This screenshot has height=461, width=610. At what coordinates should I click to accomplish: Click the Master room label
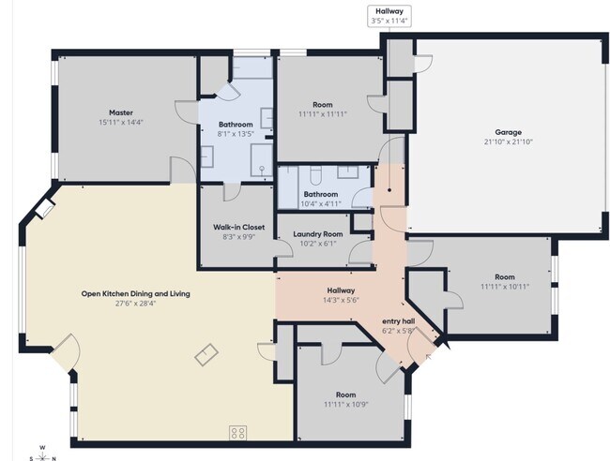pyautogui.click(x=121, y=112)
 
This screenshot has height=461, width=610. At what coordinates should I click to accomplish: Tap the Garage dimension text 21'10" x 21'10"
pyautogui.click(x=508, y=141)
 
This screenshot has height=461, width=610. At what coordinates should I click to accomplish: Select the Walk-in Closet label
pyautogui.click(x=239, y=227)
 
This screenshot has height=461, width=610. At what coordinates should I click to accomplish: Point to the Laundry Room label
pyautogui.click(x=318, y=234)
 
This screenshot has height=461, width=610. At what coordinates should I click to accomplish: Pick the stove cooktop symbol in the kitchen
pyautogui.click(x=237, y=433)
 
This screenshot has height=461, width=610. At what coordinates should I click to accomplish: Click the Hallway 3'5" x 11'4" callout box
pyautogui.click(x=389, y=16)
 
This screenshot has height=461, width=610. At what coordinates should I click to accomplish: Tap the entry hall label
pyautogui.click(x=398, y=321)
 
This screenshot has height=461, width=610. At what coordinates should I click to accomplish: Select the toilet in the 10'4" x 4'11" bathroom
pyautogui.click(x=315, y=176)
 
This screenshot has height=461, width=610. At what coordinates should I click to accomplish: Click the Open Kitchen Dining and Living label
pyautogui.click(x=135, y=293)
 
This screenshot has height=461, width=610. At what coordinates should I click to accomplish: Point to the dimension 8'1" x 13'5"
pyautogui.click(x=236, y=134)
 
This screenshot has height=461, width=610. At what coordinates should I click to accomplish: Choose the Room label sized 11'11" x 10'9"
pyautogui.click(x=346, y=395)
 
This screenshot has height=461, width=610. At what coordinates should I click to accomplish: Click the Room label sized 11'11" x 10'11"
pyautogui.click(x=505, y=277)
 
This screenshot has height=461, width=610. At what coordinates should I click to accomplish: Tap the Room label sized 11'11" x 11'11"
pyautogui.click(x=323, y=104)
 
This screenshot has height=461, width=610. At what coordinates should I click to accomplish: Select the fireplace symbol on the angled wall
pyautogui.click(x=45, y=208)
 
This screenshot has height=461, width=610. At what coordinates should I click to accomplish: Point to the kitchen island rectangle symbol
pyautogui.click(x=206, y=354)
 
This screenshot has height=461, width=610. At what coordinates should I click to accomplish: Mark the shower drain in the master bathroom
pyautogui.click(x=262, y=169)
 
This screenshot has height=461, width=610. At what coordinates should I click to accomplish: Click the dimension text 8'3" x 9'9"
pyautogui.click(x=239, y=237)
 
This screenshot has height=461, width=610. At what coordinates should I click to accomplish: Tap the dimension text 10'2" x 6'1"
pyautogui.click(x=318, y=244)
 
